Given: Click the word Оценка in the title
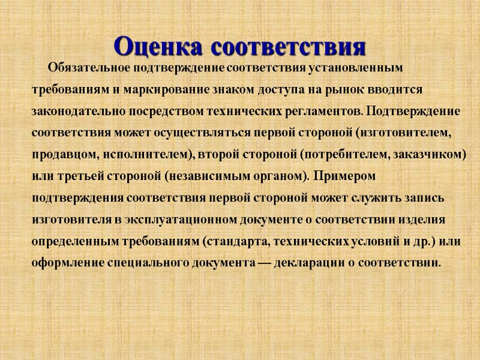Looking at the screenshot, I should pos(159,46).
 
